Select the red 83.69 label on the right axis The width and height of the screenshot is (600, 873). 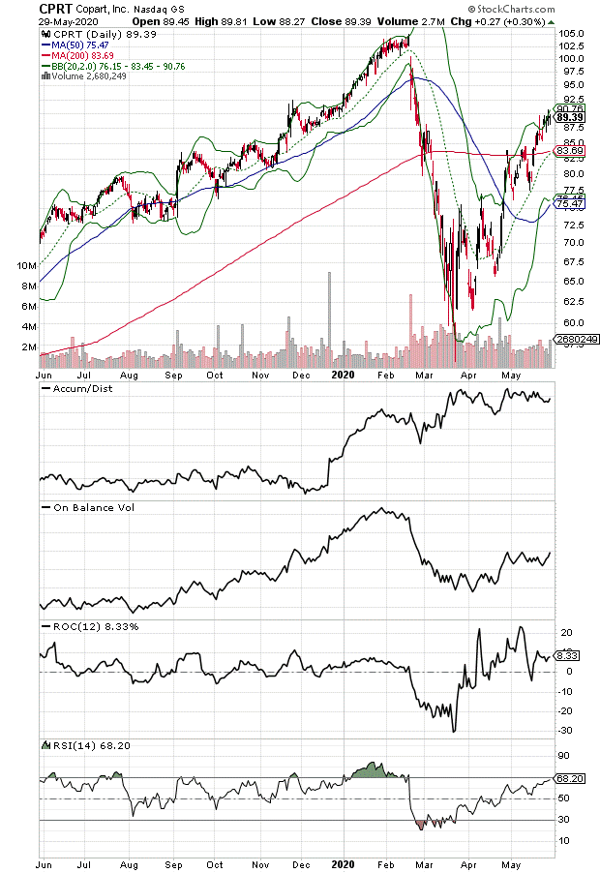572,151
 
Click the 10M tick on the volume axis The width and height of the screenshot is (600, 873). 26,265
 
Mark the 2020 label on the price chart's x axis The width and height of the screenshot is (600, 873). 343,373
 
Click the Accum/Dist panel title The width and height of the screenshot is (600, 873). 78,389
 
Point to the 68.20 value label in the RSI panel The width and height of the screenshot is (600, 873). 571,777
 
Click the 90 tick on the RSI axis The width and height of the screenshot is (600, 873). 564,755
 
